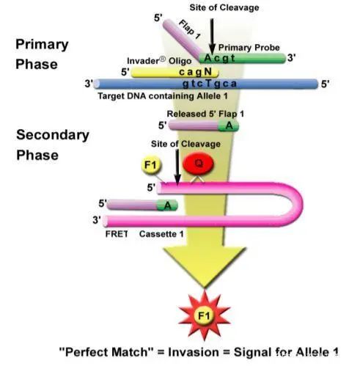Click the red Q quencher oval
click(x=198, y=163)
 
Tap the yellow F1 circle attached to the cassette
click(x=152, y=165)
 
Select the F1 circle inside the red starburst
click(x=204, y=315)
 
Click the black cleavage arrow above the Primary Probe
click(x=212, y=37)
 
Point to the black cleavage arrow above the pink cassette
click(x=177, y=167)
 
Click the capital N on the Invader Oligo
click(x=207, y=72)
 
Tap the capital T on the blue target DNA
click(x=208, y=84)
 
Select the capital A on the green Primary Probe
click(x=208, y=58)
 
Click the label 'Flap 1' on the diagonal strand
click(x=190, y=29)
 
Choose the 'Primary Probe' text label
click(x=249, y=48)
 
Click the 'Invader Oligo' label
click(x=159, y=61)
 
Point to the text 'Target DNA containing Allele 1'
click(x=163, y=96)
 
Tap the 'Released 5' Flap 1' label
click(x=205, y=114)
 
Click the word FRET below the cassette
click(x=117, y=234)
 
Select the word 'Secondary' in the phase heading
click(x=53, y=135)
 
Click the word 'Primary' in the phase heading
click(x=42, y=45)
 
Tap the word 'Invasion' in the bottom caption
click(x=194, y=352)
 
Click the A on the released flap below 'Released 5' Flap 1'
click(x=229, y=125)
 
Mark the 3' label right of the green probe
click(x=292, y=58)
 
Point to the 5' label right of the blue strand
click(x=326, y=84)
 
